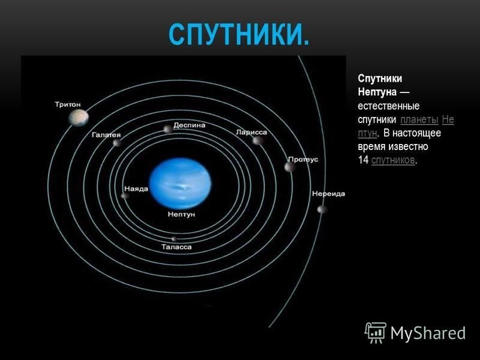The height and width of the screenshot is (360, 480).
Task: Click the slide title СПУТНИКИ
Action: point(239,35)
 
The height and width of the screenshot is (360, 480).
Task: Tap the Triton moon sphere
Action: point(79,118)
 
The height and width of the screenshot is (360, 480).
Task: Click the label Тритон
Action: point(68,104)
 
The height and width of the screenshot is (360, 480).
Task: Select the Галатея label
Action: point(106,135)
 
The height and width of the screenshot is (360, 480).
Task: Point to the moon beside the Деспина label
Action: point(167,129)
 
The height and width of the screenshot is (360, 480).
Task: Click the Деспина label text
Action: point(189,125)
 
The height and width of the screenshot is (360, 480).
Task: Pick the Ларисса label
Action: point(251,132)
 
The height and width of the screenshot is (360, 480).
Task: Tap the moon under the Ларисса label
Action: point(257,141)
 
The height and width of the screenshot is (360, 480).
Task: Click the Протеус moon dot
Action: point(289,167)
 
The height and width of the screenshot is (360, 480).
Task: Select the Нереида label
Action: point(328,194)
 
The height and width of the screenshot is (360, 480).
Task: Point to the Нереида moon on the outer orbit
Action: point(322,209)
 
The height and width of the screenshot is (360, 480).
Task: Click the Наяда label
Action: point(136,189)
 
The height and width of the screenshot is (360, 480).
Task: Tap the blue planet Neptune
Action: point(180,184)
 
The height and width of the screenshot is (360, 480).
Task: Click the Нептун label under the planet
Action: point(181,214)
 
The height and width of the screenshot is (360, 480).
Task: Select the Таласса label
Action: point(176,247)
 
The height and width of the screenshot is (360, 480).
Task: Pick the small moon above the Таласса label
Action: point(174,239)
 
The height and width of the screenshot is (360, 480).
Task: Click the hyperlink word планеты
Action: point(419,119)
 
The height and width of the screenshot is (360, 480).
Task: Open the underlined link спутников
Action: point(393,160)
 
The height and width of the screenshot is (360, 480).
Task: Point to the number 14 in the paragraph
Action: point(363,160)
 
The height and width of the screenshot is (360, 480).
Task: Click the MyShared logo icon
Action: point(375,333)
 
